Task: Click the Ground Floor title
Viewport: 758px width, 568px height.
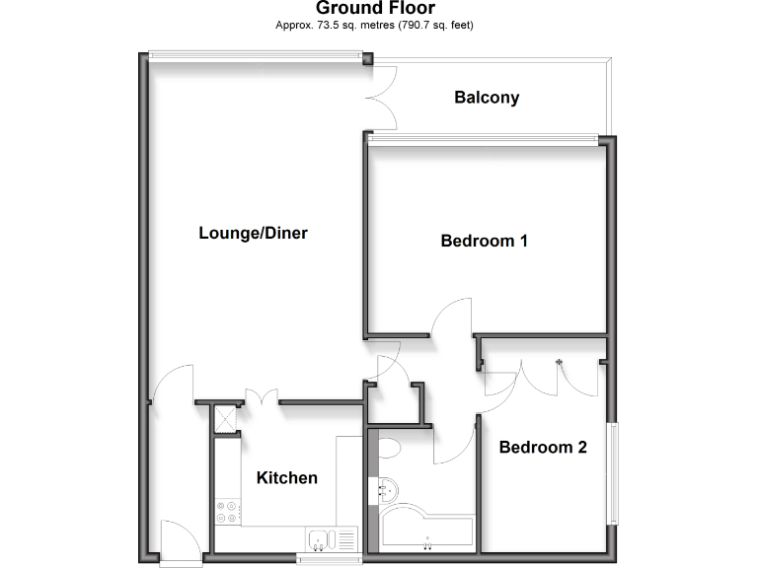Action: [x=375, y=9]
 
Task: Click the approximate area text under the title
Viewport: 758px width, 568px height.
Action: [x=375, y=25]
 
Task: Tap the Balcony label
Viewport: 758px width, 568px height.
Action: [x=487, y=98]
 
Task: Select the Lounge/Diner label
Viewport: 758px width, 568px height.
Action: [x=254, y=234]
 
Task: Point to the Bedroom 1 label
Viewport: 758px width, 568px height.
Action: [x=484, y=241]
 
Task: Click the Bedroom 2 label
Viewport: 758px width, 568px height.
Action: [x=543, y=448]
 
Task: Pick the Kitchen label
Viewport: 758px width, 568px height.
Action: [x=287, y=478]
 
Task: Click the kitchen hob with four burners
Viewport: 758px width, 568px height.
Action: [x=227, y=511]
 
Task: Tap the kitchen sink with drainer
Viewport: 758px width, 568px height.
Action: [x=332, y=538]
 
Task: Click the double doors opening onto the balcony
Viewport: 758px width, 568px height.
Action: [x=383, y=98]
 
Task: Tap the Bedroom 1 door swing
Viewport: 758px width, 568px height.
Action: [x=452, y=319]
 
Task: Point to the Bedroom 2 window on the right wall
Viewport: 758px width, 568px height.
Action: [x=612, y=473]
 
